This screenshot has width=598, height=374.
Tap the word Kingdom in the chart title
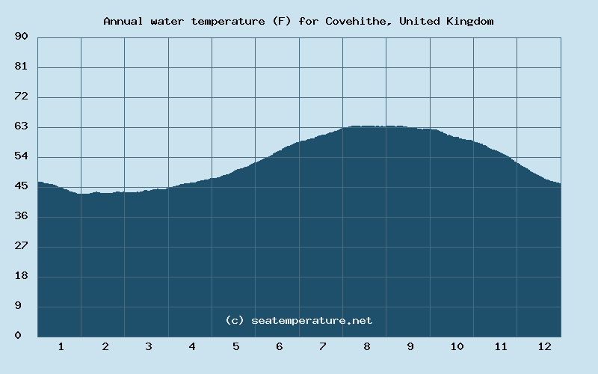470,21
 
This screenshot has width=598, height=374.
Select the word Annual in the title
123,21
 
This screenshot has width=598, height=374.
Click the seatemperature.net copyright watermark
299,320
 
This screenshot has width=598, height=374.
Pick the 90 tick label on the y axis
21,37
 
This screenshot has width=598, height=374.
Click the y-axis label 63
21,126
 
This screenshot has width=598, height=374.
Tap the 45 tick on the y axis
21,186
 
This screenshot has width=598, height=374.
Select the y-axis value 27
21,246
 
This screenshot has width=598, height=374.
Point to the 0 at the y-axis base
18,336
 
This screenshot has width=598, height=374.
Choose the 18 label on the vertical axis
21,276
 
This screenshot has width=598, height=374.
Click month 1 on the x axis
61,346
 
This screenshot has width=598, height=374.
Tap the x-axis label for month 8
367,346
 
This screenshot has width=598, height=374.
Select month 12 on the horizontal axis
544,346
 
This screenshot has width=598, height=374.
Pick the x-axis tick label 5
236,346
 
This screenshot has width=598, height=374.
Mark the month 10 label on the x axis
457,346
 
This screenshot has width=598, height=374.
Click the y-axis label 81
21,67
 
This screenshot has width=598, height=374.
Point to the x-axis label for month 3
149,346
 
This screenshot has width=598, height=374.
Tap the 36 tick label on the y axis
21,216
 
